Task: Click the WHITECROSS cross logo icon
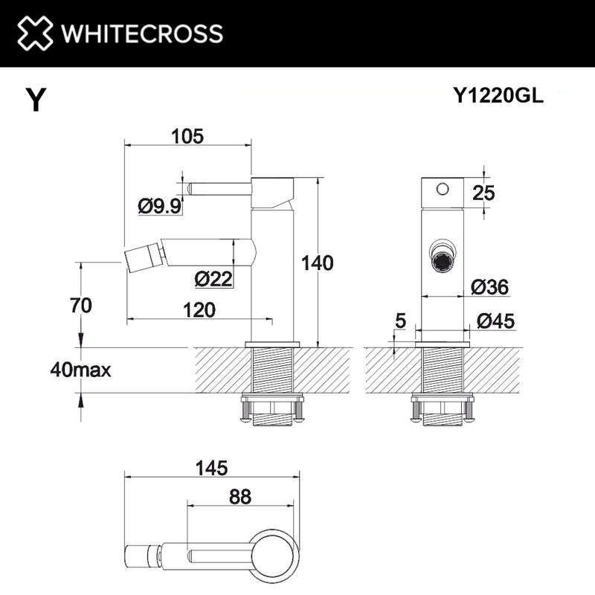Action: [x=36, y=33]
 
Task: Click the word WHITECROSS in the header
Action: [x=141, y=33]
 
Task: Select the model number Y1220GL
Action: [x=498, y=95]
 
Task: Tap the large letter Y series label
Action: [x=34, y=100]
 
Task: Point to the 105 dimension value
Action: [x=187, y=136]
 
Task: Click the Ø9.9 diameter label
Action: [x=159, y=206]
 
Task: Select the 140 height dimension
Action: [x=317, y=263]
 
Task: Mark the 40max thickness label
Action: [x=80, y=369]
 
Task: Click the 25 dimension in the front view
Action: [x=483, y=193]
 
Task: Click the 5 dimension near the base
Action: [x=400, y=321]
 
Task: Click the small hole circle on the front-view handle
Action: [x=443, y=188]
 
